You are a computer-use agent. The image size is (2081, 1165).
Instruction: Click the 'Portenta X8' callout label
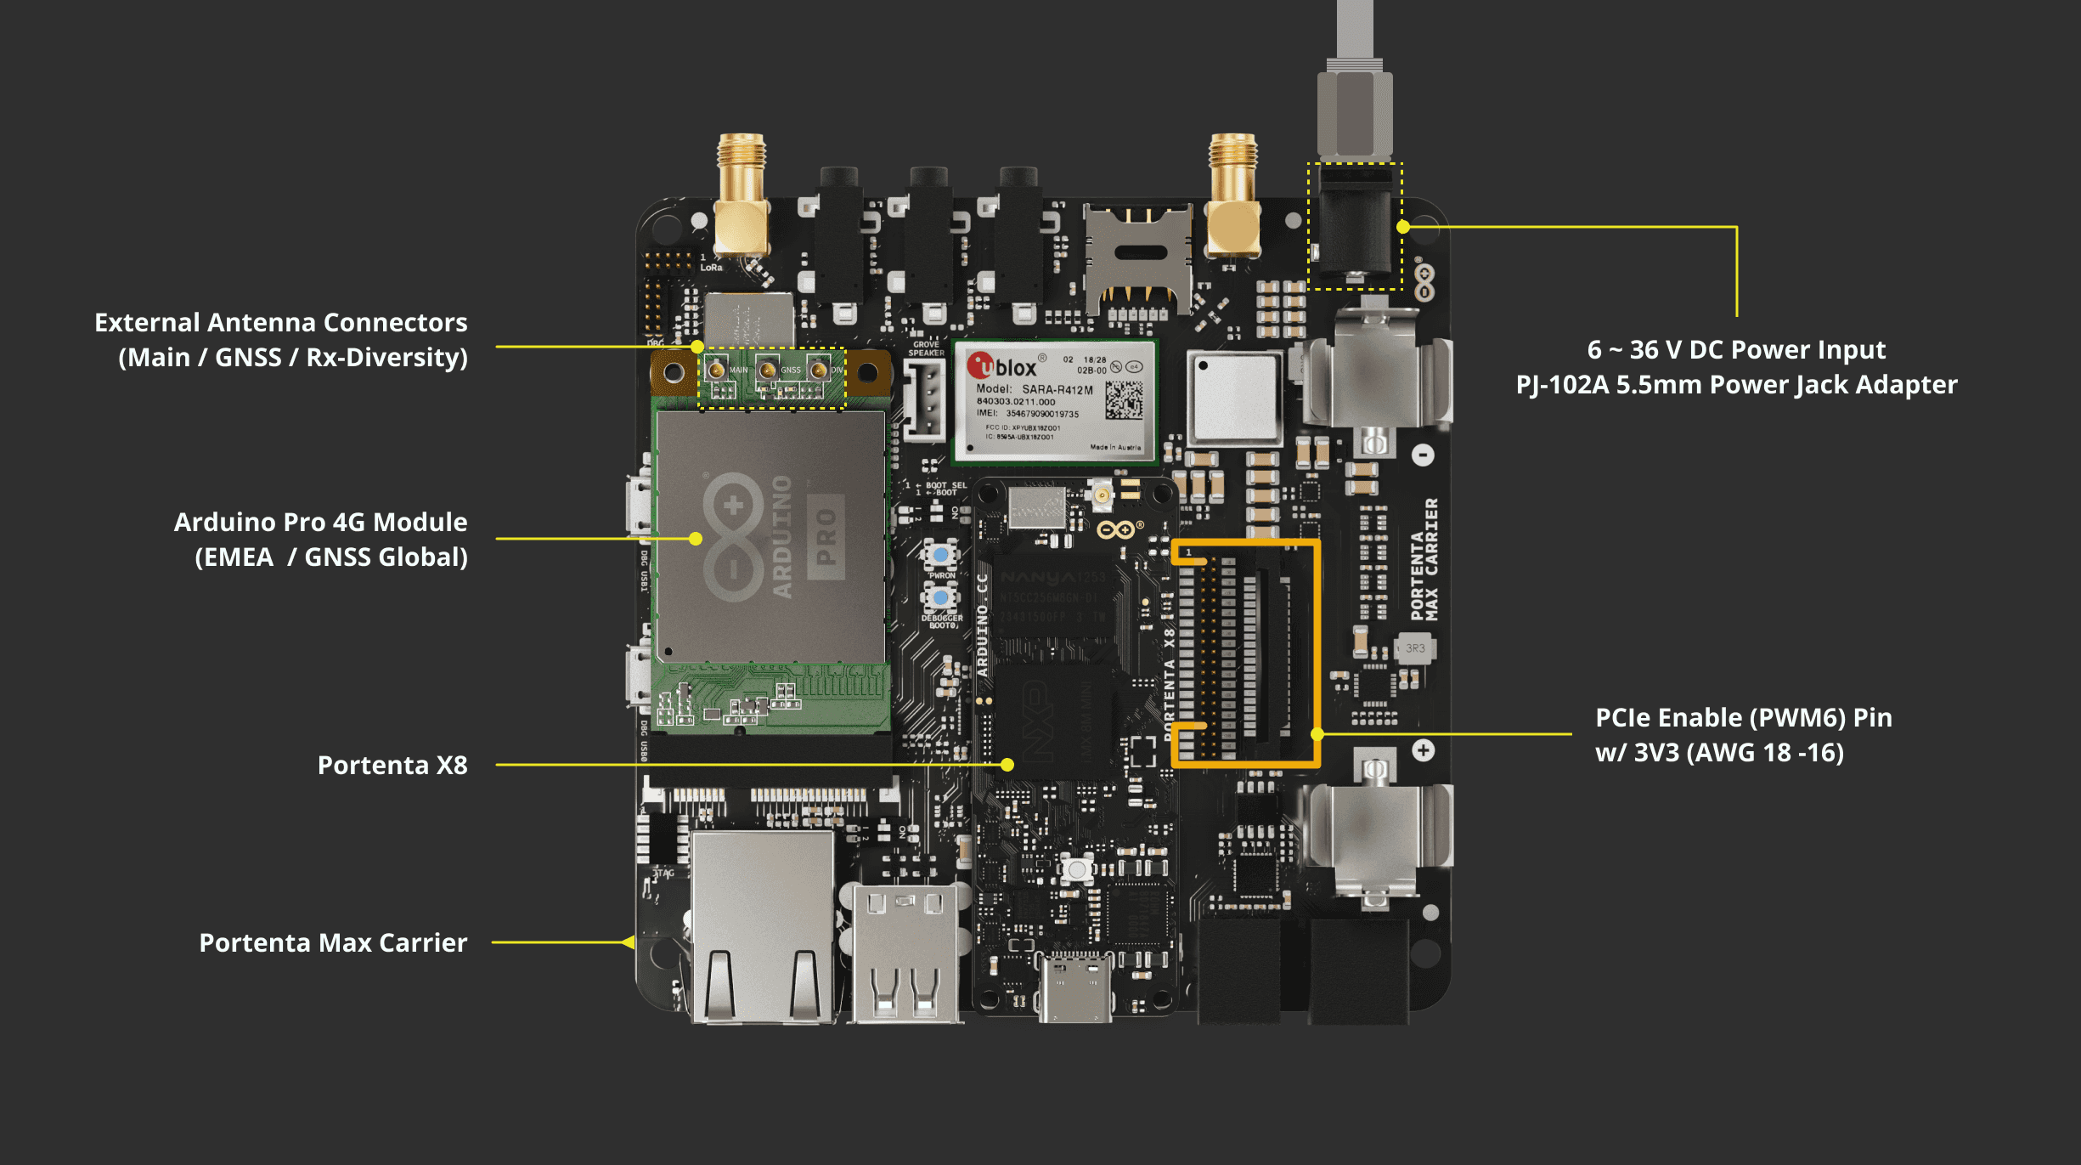tap(392, 765)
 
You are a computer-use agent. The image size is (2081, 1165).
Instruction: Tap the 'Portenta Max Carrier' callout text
tap(333, 942)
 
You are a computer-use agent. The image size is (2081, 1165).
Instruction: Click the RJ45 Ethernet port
tap(762, 926)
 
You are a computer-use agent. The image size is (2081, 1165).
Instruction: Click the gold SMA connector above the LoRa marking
tap(742, 195)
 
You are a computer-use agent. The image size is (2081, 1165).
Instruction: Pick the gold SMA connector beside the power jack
tap(1232, 195)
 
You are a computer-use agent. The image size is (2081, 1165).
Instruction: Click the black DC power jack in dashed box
tap(1355, 225)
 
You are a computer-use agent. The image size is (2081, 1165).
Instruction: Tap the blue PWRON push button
tap(941, 556)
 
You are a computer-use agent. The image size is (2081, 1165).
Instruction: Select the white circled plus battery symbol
tap(1424, 750)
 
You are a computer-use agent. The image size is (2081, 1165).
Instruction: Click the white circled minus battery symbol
tap(1424, 455)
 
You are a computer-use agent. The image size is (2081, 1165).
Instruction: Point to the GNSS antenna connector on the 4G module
tap(767, 370)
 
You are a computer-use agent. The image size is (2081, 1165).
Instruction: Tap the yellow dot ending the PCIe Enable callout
tap(1317, 734)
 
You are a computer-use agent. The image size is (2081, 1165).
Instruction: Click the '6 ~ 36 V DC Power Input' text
tap(1735, 349)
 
